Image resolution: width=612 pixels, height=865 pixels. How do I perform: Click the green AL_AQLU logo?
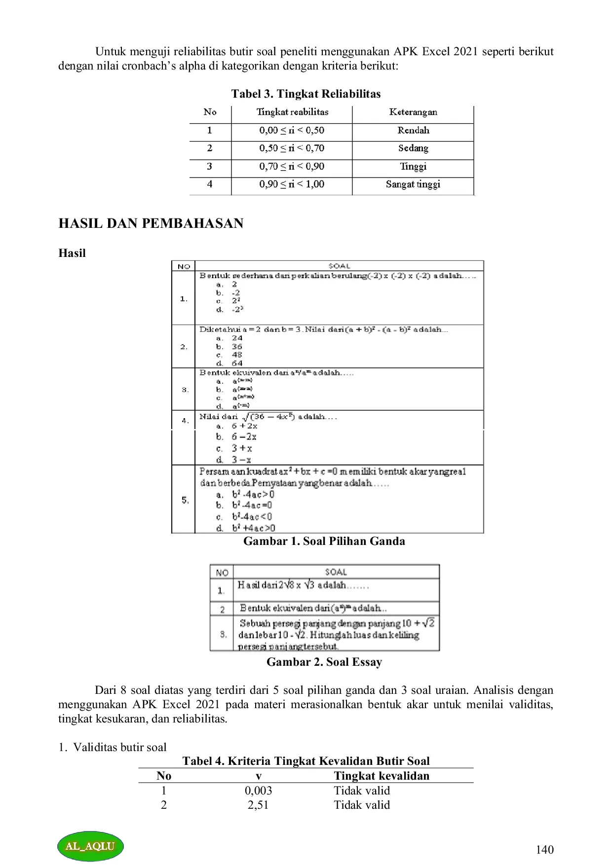pyautogui.click(x=90, y=846)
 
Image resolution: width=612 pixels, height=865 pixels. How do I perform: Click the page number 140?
pyautogui.click(x=544, y=849)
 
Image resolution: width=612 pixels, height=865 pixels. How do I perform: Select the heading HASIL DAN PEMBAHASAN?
pyautogui.click(x=151, y=223)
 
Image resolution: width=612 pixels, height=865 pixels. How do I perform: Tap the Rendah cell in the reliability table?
pyautogui.click(x=413, y=130)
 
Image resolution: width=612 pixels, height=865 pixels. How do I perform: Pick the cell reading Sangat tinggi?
pyautogui.click(x=413, y=184)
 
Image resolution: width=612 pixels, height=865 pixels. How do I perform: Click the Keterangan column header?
pyautogui.click(x=413, y=112)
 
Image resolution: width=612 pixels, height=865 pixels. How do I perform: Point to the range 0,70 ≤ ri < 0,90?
pyautogui.click(x=292, y=166)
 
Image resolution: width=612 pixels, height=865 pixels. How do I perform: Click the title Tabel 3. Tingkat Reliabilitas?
pyautogui.click(x=306, y=94)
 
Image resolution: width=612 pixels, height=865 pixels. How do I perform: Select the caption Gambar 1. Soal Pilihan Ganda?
pyautogui.click(x=324, y=541)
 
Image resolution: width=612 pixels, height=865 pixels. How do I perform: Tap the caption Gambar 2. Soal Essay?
pyautogui.click(x=324, y=662)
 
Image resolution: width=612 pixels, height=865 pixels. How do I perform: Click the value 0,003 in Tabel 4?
pyautogui.click(x=258, y=791)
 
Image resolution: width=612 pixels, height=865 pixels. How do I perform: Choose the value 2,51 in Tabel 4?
pyautogui.click(x=258, y=805)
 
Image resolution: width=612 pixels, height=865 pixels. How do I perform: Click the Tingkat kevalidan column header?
pyautogui.click(x=382, y=776)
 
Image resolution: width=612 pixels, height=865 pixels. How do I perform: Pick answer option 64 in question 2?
pyautogui.click(x=237, y=363)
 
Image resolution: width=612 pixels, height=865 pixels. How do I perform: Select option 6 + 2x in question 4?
pyautogui.click(x=244, y=426)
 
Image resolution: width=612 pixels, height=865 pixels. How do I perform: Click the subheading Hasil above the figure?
pyautogui.click(x=72, y=253)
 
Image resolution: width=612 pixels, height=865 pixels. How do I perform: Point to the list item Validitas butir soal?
pyautogui.click(x=119, y=747)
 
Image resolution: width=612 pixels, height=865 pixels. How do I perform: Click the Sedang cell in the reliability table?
pyautogui.click(x=413, y=148)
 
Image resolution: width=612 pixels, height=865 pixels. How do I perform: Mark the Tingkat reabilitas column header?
pyautogui.click(x=292, y=112)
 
